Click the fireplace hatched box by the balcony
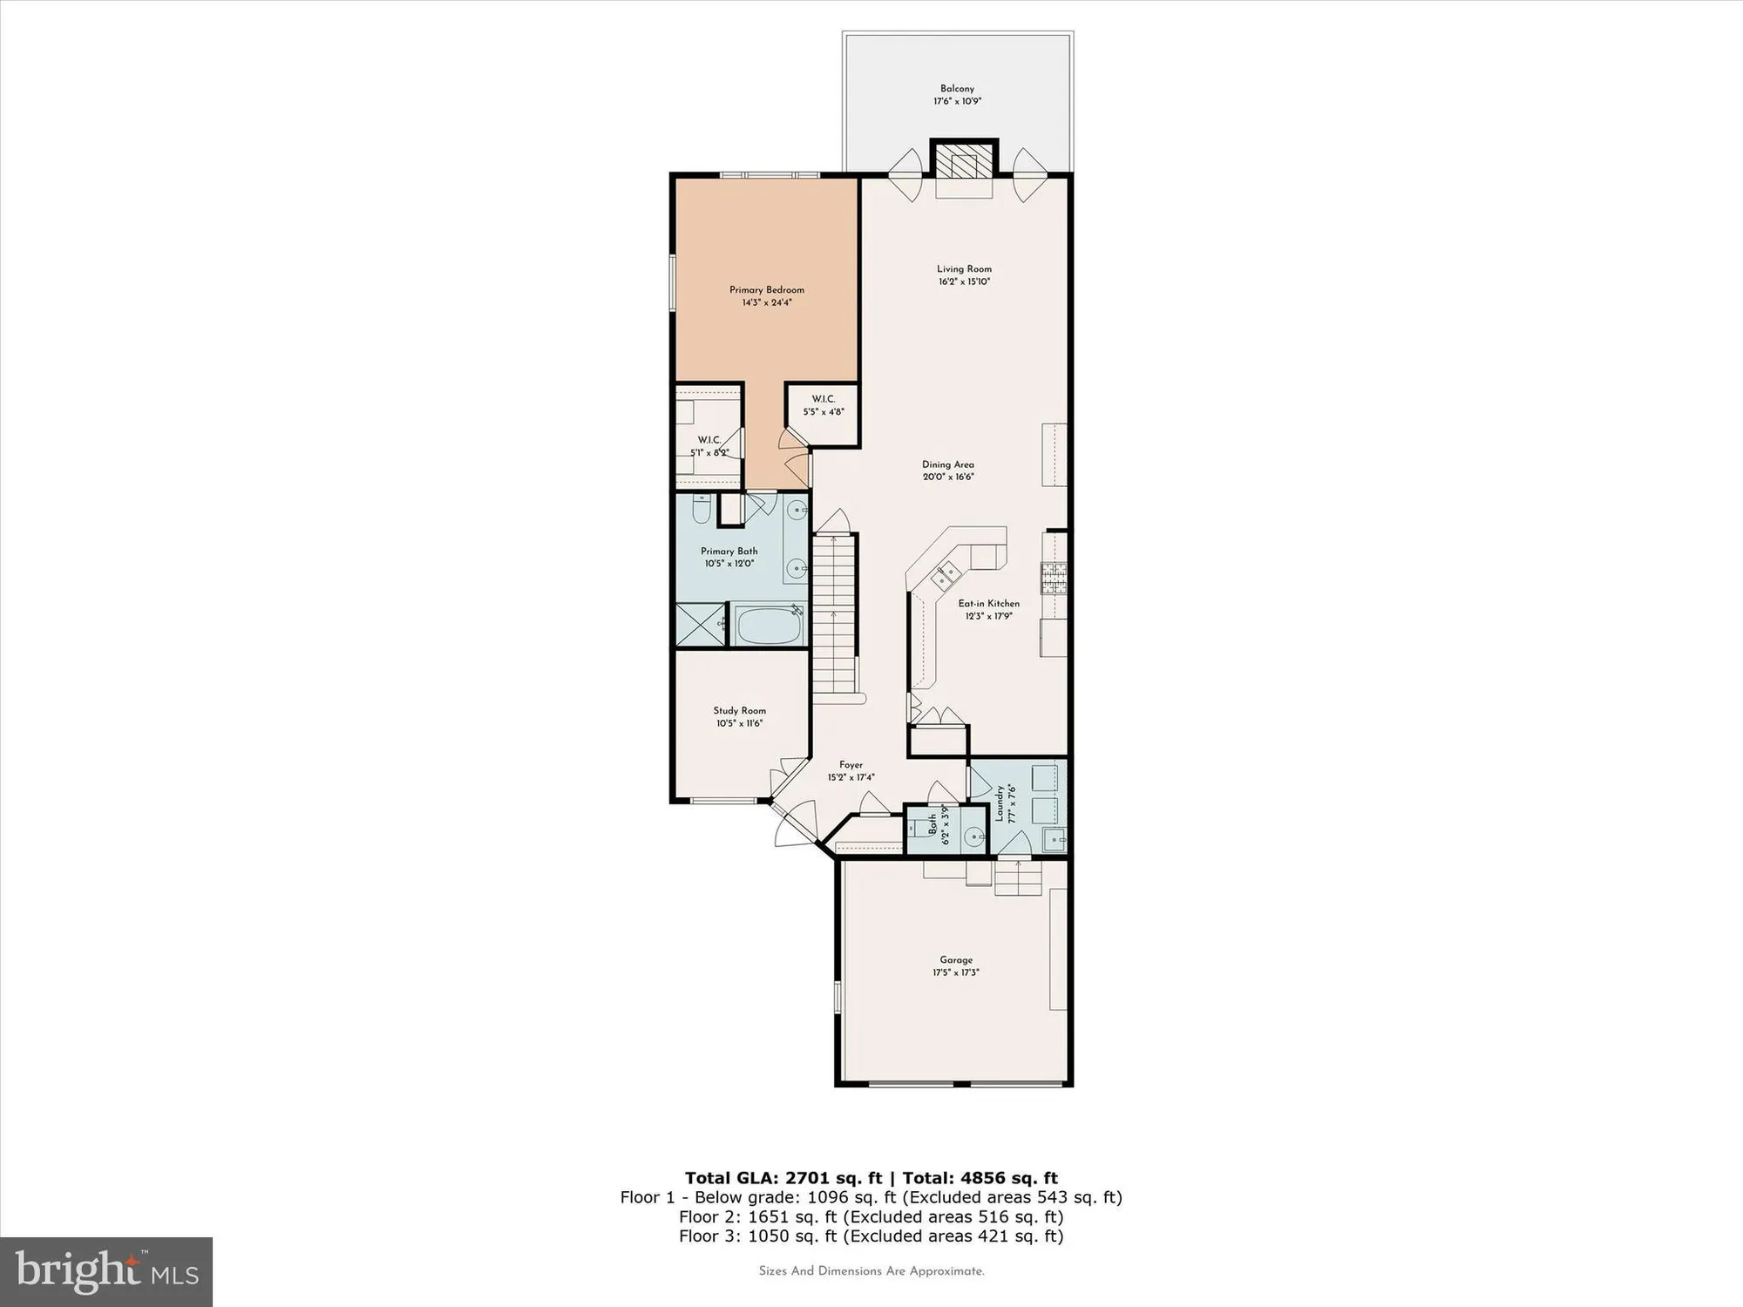pos(964,166)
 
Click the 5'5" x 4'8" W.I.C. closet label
pos(824,406)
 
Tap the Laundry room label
pos(1006,803)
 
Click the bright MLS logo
pos(106,1272)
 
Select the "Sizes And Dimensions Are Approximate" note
pos(871,1271)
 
